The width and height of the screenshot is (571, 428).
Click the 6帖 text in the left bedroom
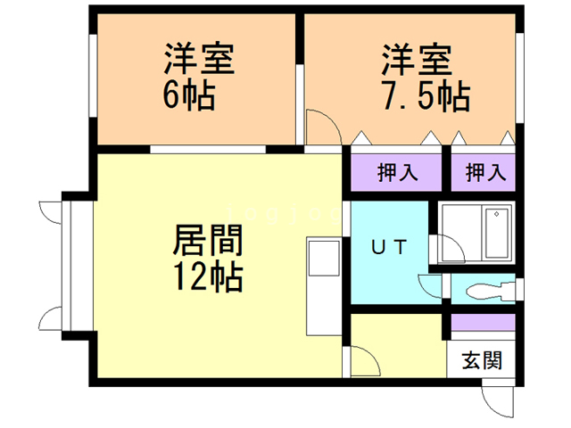[x=188, y=95]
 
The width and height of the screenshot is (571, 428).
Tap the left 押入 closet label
[x=396, y=173]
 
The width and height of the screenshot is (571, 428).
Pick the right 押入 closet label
[x=484, y=173]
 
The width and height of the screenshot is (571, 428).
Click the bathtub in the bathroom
[x=495, y=233]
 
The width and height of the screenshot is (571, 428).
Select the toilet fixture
[x=485, y=291]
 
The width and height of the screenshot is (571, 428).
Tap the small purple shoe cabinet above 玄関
[x=482, y=322]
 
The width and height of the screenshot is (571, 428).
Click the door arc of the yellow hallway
[x=363, y=361]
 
